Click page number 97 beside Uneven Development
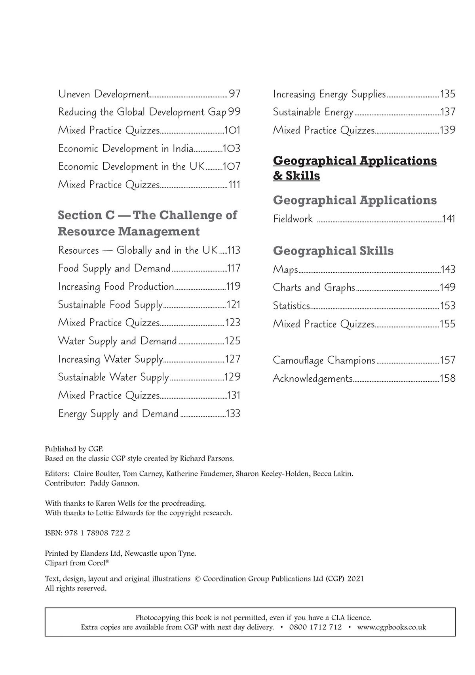pos(234,94)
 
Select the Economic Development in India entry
pos(125,149)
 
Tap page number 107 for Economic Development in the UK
pos(232,166)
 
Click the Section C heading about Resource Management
pos(147,223)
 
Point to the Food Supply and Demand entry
pos(114,268)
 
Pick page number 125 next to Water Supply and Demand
pos(232,341)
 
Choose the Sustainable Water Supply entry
pos(113,377)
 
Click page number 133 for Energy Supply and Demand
pos(233,414)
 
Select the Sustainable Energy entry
pos(313,112)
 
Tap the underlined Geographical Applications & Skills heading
pos(355,168)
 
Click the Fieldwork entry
pos(293,219)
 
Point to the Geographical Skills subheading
pos(333,251)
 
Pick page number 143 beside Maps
pos(448,270)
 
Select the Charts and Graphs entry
pos(313,287)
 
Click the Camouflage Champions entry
pos(324,360)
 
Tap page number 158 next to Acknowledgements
pos(447,379)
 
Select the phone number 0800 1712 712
pos(315,627)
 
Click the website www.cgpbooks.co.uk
pos(391,627)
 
